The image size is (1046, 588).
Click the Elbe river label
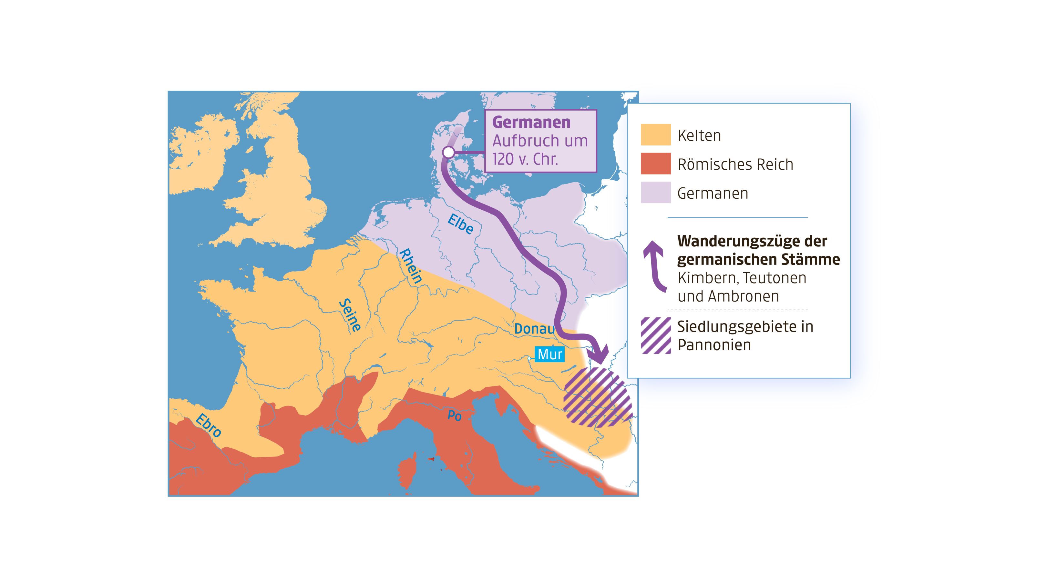[460, 224]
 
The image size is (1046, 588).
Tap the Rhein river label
[411, 266]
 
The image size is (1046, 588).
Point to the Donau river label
[534, 329]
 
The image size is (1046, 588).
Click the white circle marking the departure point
[448, 153]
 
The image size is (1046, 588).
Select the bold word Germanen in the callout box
[531, 122]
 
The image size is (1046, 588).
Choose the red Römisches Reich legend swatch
[655, 164]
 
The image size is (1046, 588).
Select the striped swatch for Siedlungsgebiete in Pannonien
[655, 335]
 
